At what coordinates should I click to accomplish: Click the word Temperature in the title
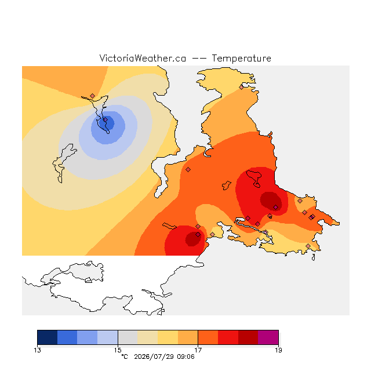click(241, 58)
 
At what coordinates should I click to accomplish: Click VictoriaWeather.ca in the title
click(143, 58)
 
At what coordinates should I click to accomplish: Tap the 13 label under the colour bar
click(37, 350)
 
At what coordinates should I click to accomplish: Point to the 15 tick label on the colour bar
click(118, 350)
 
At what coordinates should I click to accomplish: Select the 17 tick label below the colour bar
click(198, 350)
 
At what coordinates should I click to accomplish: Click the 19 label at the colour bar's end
click(278, 350)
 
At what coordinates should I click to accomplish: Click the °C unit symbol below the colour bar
click(125, 357)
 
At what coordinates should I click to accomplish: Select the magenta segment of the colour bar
click(268, 337)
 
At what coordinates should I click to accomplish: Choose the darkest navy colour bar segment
click(48, 337)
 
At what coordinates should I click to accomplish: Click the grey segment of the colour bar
click(128, 337)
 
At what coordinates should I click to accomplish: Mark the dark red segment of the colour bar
click(248, 337)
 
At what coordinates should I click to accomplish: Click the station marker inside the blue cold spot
click(106, 120)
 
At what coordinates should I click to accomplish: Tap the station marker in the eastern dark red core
click(276, 208)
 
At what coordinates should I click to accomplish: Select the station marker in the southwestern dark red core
click(198, 234)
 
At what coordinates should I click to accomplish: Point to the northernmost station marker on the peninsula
click(241, 88)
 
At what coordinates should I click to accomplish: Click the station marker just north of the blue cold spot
click(93, 96)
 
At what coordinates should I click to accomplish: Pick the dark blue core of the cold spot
click(107, 123)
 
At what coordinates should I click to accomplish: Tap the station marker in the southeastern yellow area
click(308, 246)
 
